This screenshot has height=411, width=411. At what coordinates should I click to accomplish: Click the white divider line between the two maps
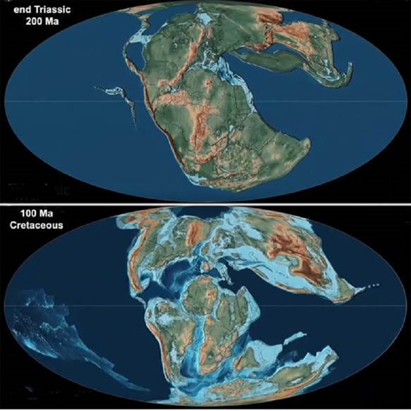206,204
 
